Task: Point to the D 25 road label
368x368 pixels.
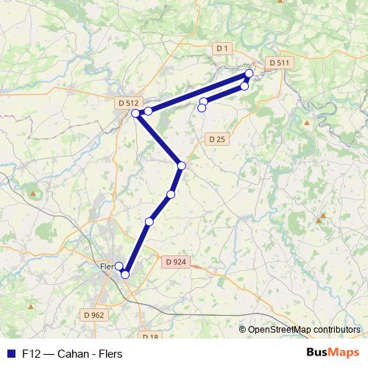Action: (216, 138)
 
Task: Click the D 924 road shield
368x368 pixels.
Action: (176, 261)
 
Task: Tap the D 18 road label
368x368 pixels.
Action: (149, 337)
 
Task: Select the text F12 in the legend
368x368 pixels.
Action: (30, 353)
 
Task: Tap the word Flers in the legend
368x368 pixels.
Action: (110, 353)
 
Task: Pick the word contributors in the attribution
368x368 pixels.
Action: (336, 329)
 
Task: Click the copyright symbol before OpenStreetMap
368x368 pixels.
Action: (243, 329)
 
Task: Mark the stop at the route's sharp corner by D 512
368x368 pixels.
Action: (135, 113)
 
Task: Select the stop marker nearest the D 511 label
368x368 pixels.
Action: (250, 73)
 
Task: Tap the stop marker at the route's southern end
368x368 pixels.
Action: (125, 275)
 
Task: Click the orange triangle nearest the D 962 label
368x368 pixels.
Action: (30, 305)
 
